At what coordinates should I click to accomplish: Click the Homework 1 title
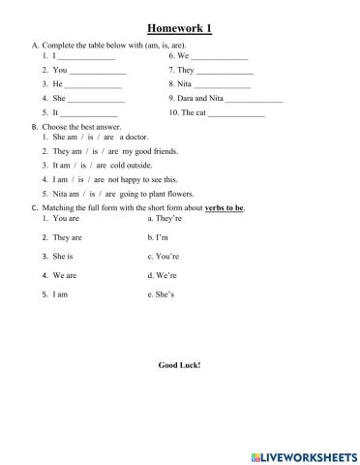(x=179, y=28)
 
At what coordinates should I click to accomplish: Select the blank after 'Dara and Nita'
(x=254, y=100)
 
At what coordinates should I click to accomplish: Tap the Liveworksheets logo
(x=302, y=453)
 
